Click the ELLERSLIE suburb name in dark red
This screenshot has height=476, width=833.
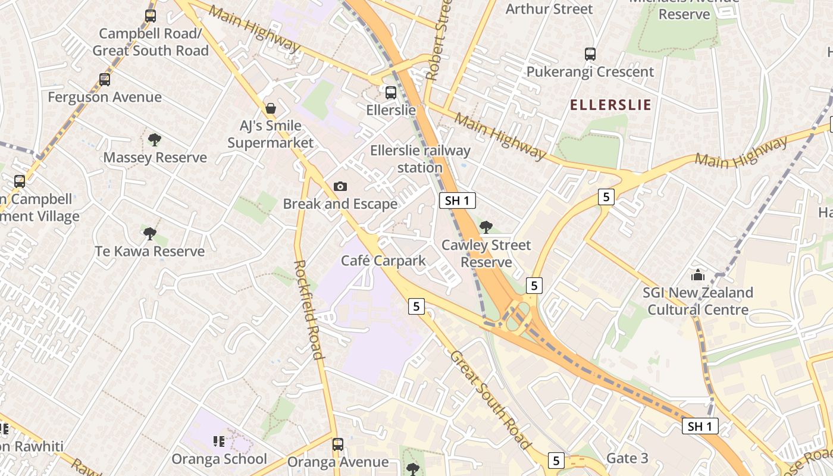[610, 105]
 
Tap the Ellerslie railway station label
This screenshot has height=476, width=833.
[420, 159]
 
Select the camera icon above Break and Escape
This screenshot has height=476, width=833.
[340, 187]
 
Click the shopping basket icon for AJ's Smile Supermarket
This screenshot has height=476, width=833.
[271, 108]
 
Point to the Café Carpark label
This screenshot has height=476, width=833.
[383, 261]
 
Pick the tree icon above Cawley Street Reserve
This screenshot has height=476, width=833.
[486, 227]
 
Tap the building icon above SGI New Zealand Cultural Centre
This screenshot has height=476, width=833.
[697, 275]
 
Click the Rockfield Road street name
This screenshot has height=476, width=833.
[309, 309]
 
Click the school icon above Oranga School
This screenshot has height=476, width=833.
[219, 441]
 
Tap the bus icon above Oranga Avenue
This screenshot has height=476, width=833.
[338, 444]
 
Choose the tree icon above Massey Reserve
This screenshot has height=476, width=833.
[155, 140]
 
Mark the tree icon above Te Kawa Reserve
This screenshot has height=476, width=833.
[150, 233]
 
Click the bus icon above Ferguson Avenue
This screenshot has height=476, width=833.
[105, 79]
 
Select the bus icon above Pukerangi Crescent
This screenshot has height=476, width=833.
[590, 54]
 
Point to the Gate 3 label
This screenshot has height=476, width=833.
[627, 458]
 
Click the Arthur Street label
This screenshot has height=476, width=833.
[549, 9]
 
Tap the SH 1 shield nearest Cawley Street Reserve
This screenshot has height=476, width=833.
[458, 201]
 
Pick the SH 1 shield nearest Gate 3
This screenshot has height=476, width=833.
[700, 426]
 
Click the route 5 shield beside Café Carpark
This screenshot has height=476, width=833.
[416, 306]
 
